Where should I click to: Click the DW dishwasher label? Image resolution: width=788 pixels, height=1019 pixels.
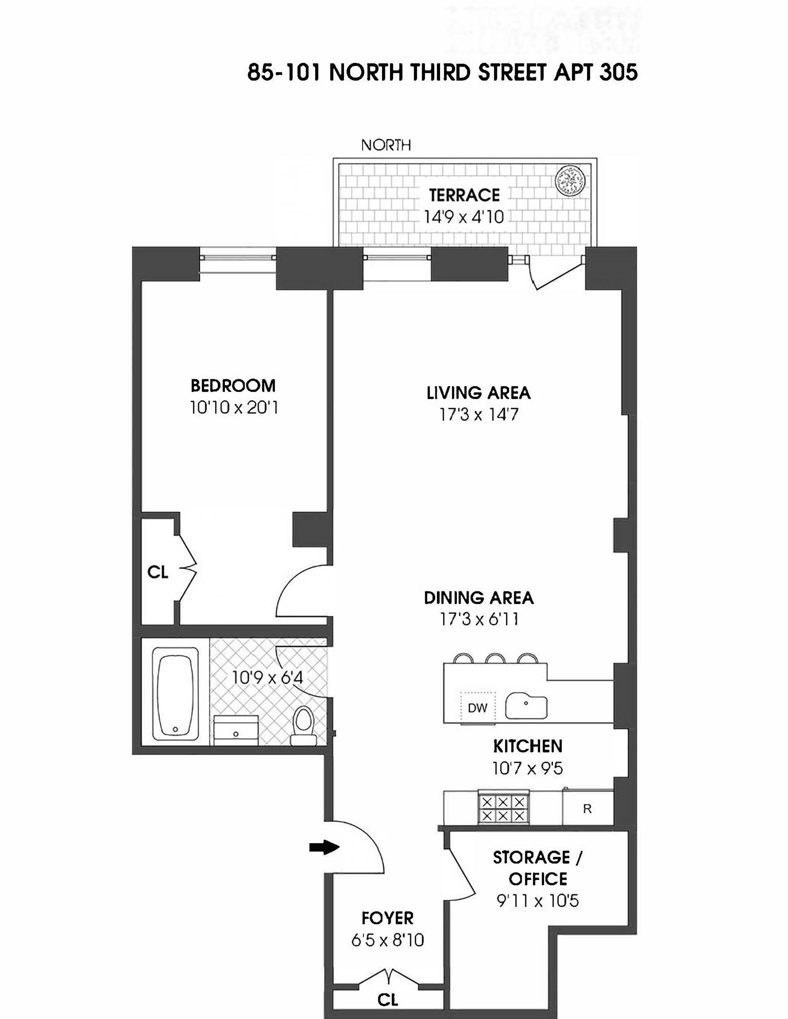coord(477,708)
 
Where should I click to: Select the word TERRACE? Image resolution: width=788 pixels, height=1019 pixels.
coord(464,195)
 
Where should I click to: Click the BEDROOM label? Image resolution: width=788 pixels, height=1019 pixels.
coord(233,386)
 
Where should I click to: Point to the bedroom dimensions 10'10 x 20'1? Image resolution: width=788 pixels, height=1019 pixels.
coord(234,408)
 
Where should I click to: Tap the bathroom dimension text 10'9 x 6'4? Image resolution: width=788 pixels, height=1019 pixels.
coord(268,677)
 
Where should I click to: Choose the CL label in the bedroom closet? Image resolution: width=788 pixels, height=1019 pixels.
coord(158,572)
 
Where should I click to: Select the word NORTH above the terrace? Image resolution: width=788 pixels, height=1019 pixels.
coord(386,146)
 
